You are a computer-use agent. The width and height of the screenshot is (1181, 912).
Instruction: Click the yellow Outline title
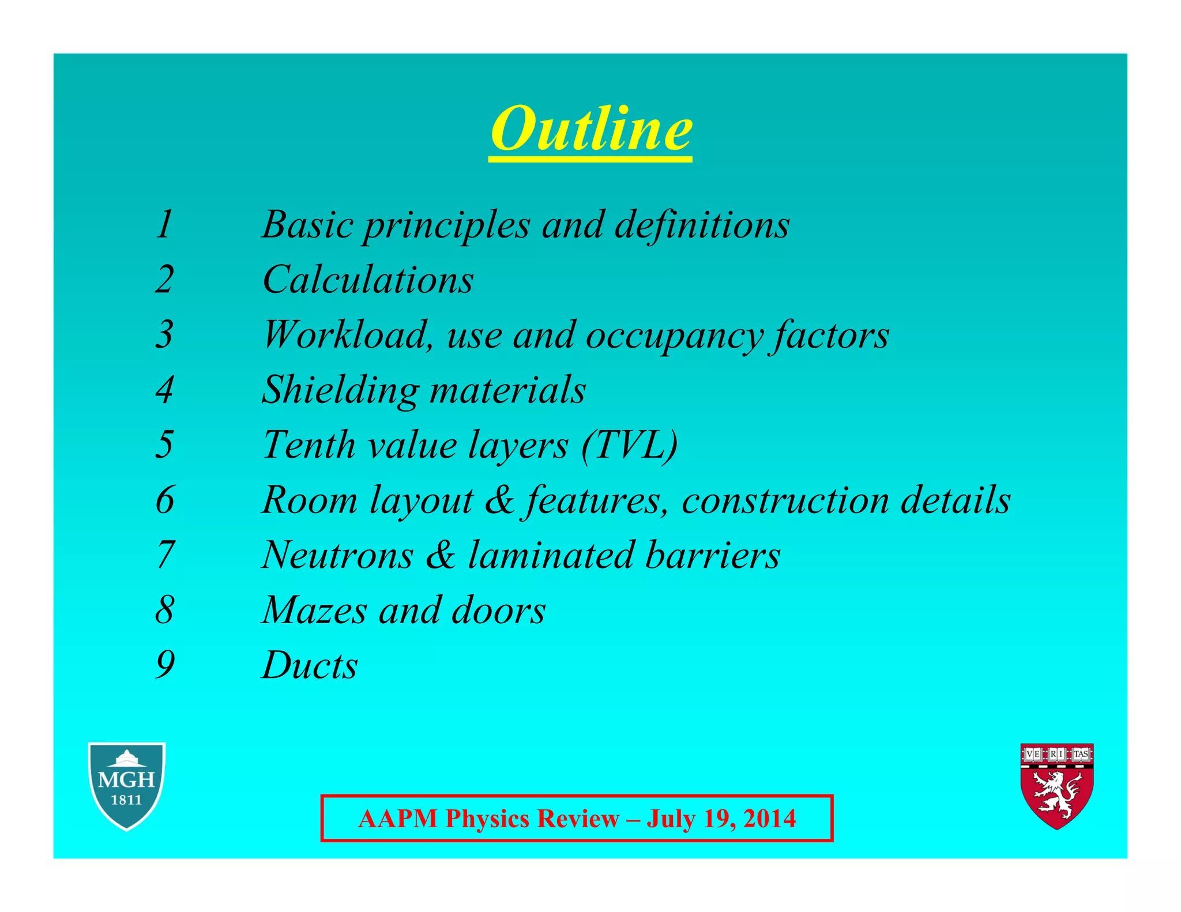[x=590, y=129]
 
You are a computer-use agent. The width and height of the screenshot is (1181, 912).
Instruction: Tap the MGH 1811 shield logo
[x=127, y=785]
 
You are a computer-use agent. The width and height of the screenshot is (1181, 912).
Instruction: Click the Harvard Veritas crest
[x=1057, y=785]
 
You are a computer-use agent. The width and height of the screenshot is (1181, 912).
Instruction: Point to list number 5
[x=164, y=444]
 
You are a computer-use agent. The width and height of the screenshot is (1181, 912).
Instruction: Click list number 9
[x=164, y=665]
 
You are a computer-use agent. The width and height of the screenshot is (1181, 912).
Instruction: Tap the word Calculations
[x=368, y=280]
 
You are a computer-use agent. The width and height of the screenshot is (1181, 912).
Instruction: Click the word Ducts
[x=310, y=665]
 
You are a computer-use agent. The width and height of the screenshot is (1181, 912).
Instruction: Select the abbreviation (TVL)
[x=630, y=445]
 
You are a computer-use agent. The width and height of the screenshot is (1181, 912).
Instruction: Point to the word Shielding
[x=340, y=390]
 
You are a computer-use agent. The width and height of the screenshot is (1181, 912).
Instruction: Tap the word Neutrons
[x=337, y=555]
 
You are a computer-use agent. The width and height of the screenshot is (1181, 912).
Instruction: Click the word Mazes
[x=314, y=610]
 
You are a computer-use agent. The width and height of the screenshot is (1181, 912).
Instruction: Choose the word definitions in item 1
[x=702, y=224]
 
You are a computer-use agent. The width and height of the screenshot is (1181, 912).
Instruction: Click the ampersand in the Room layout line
[x=499, y=500]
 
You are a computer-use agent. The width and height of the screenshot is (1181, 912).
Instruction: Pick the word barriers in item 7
[x=713, y=555]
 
